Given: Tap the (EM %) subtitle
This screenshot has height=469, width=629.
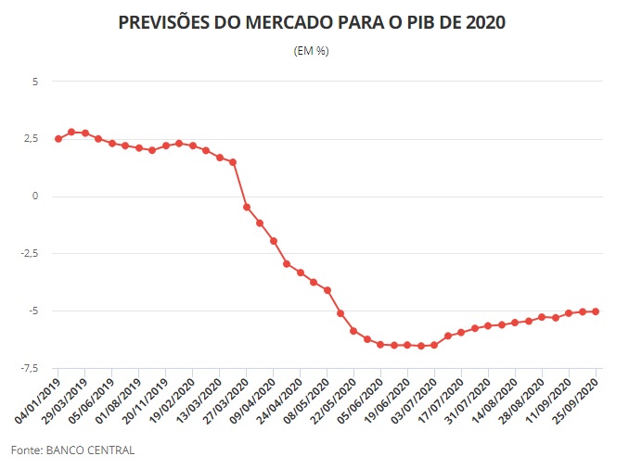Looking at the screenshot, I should click(x=311, y=51).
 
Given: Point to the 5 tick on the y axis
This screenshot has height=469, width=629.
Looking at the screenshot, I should click(x=35, y=82).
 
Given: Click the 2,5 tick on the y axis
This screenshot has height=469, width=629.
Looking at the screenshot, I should click(x=31, y=139).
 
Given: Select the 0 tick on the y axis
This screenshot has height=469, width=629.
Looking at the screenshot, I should click(x=35, y=196).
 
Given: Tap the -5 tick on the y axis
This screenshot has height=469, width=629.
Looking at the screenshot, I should click(x=32, y=311).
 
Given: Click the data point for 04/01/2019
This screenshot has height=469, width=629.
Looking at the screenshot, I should click(x=58, y=139).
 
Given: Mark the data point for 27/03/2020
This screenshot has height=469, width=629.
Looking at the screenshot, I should click(x=247, y=207).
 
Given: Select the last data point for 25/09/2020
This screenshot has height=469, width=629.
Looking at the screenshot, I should click(x=596, y=311).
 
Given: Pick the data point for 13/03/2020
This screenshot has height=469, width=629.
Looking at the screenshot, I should click(x=233, y=162).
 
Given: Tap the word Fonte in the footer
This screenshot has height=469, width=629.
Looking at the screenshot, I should click(x=26, y=450).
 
